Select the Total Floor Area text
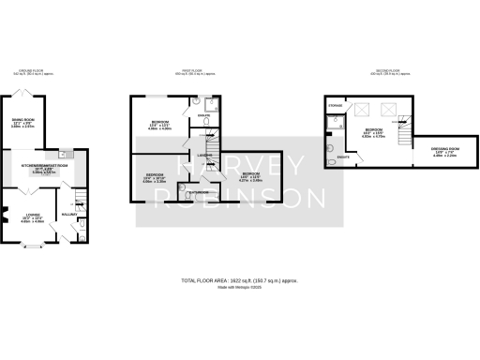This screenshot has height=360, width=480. tap(240, 280)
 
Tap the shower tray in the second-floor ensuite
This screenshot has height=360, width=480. tap(336, 120)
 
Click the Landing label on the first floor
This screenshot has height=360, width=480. tap(202, 156)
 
